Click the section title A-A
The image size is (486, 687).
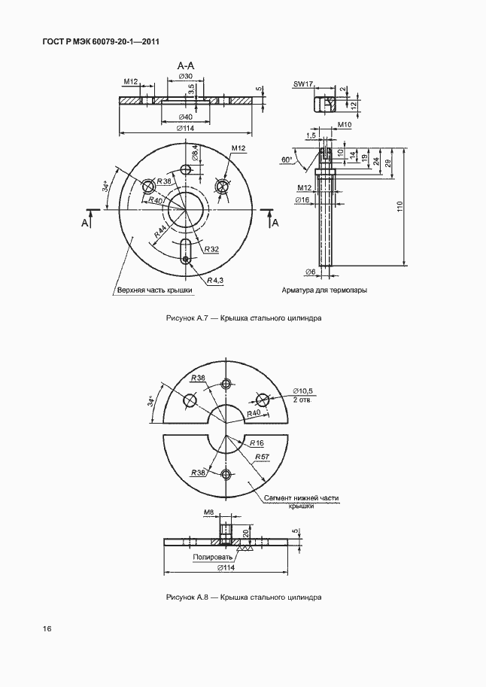tap(185, 66)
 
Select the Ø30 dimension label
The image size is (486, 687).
tap(186, 77)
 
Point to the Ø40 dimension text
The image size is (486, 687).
tap(185, 117)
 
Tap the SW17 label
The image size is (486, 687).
tap(303, 84)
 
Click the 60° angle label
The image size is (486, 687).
tap(287, 160)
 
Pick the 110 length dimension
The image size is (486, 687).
tap(399, 207)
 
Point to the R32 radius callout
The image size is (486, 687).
tap(211, 249)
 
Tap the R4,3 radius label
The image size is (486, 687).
tap(215, 280)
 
